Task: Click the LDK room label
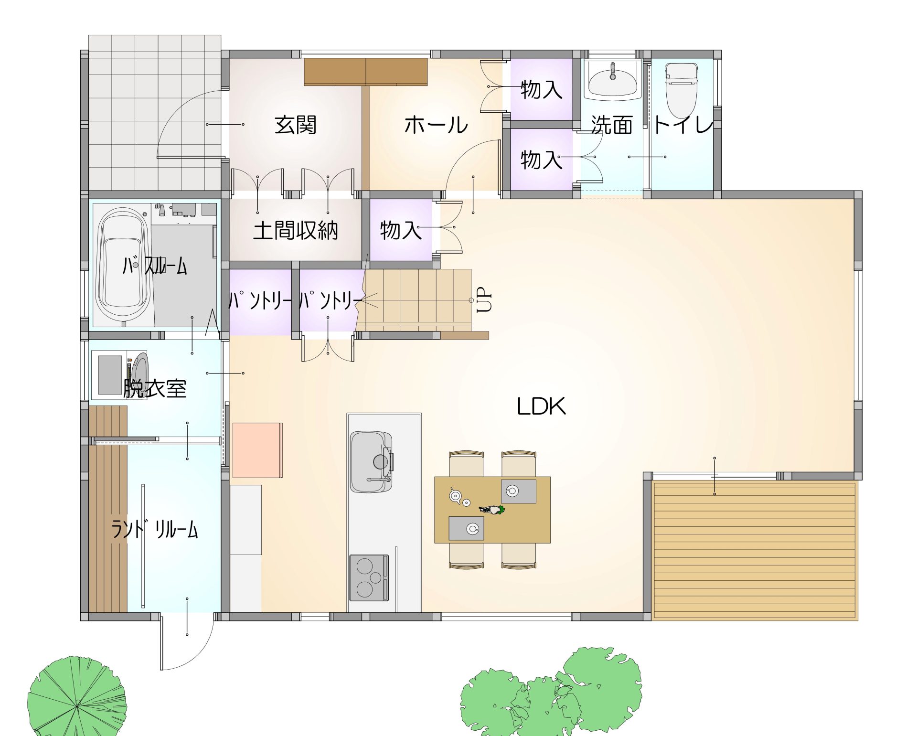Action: tap(541, 406)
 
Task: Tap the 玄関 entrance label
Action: tap(296, 125)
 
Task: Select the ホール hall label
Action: tap(436, 125)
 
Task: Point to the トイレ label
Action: tap(682, 125)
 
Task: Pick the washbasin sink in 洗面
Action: tap(613, 80)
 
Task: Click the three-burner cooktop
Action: tap(369, 577)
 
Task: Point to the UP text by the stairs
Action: tap(484, 299)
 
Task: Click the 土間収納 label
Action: tap(296, 231)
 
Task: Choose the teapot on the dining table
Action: tap(455, 495)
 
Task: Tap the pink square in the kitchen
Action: tap(257, 450)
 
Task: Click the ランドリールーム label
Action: tap(155, 529)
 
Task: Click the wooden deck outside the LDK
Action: tap(755, 551)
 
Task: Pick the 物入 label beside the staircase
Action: tap(401, 230)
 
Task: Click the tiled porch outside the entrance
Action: tap(155, 113)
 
